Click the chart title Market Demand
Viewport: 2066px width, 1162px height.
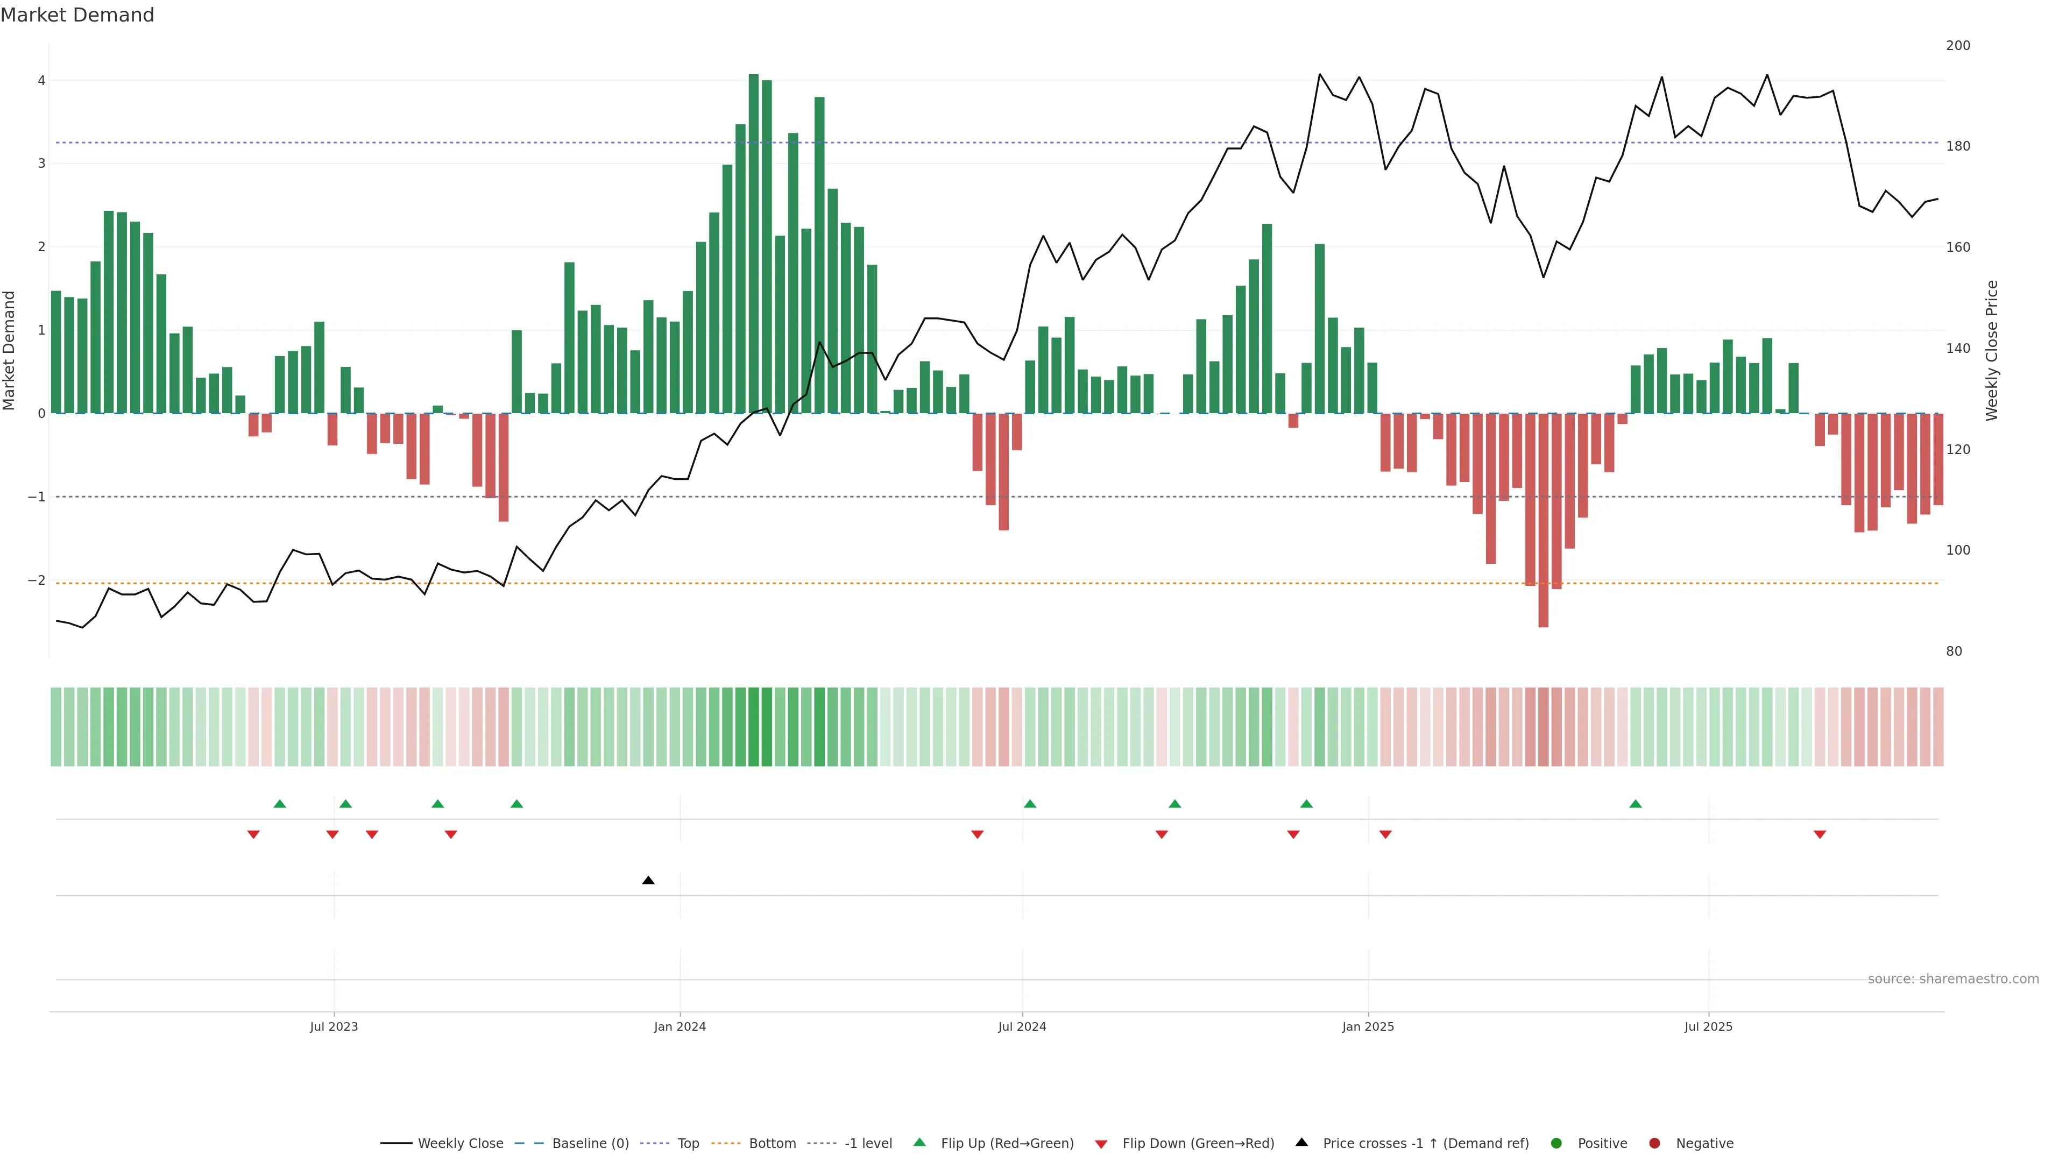click(77, 15)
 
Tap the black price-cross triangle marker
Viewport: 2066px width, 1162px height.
click(648, 881)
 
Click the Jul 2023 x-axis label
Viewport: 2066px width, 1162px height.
click(334, 1026)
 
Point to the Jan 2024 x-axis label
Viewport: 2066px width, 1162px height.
click(680, 1026)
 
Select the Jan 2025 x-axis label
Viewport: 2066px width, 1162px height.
click(1368, 1026)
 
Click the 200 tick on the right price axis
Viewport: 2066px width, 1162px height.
click(1958, 46)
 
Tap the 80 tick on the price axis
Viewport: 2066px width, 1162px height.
click(1954, 651)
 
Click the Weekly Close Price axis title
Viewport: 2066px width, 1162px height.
click(1991, 350)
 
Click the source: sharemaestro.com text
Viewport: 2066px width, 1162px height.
click(1953, 979)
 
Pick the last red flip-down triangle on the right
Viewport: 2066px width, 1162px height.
click(1820, 835)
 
